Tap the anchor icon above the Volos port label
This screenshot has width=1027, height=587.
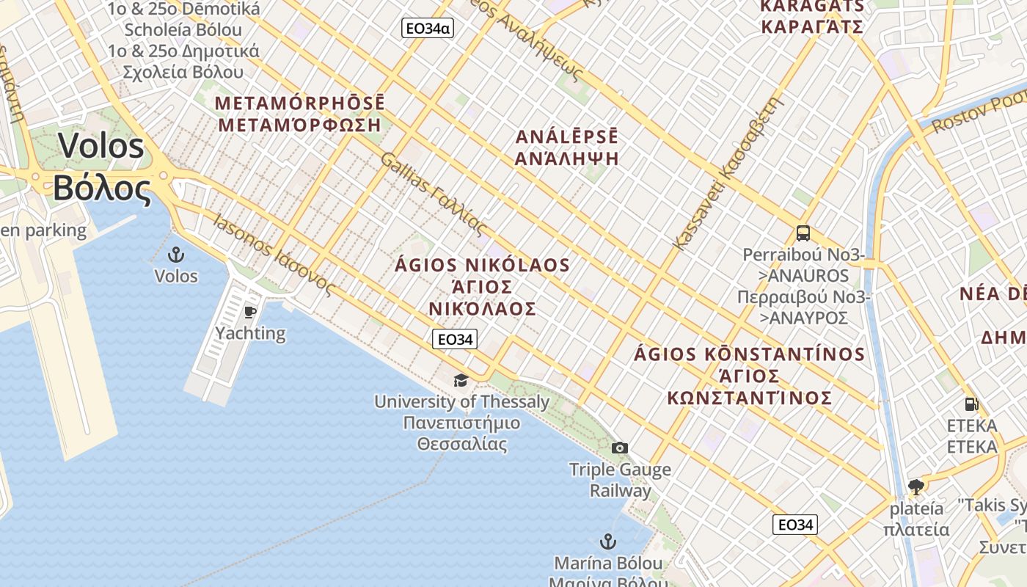coord(176,255)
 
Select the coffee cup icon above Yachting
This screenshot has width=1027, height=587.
coord(250,312)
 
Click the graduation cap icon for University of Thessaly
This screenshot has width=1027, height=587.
coord(461,380)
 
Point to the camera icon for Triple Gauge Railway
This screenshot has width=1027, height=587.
coord(620,448)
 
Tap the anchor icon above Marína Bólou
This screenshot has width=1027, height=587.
coord(607,542)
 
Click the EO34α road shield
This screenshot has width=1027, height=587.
coord(427,29)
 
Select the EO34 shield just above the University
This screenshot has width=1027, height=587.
coord(455,339)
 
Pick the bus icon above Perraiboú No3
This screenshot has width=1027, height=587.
coord(803,233)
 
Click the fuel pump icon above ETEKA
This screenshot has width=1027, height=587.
coord(971,404)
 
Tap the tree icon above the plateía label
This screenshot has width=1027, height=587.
coord(915,486)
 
